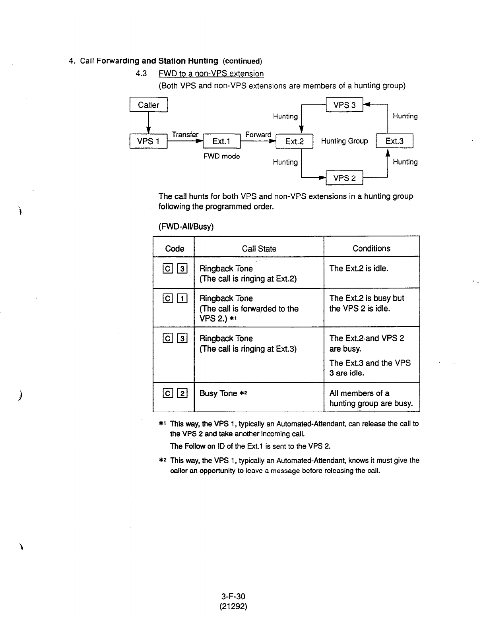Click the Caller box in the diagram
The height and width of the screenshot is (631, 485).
148,105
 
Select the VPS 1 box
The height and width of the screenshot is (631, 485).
148,141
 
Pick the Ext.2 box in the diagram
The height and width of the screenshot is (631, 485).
294,141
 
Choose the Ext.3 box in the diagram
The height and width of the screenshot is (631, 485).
394,141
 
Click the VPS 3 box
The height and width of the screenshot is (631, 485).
344,105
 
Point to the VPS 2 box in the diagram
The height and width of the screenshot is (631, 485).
344,178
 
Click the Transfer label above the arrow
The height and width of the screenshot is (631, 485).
185,134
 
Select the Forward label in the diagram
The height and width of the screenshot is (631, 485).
258,134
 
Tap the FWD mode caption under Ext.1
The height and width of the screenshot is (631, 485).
221,156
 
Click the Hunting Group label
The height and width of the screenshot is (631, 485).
344,141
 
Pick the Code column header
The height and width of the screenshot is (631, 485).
175,249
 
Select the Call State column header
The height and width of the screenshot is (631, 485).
259,249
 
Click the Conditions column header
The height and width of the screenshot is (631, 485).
371,248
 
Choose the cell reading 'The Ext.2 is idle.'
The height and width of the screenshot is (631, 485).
359,268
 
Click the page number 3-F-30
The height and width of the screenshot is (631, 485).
233,596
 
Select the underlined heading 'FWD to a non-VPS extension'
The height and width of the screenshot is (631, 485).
211,74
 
